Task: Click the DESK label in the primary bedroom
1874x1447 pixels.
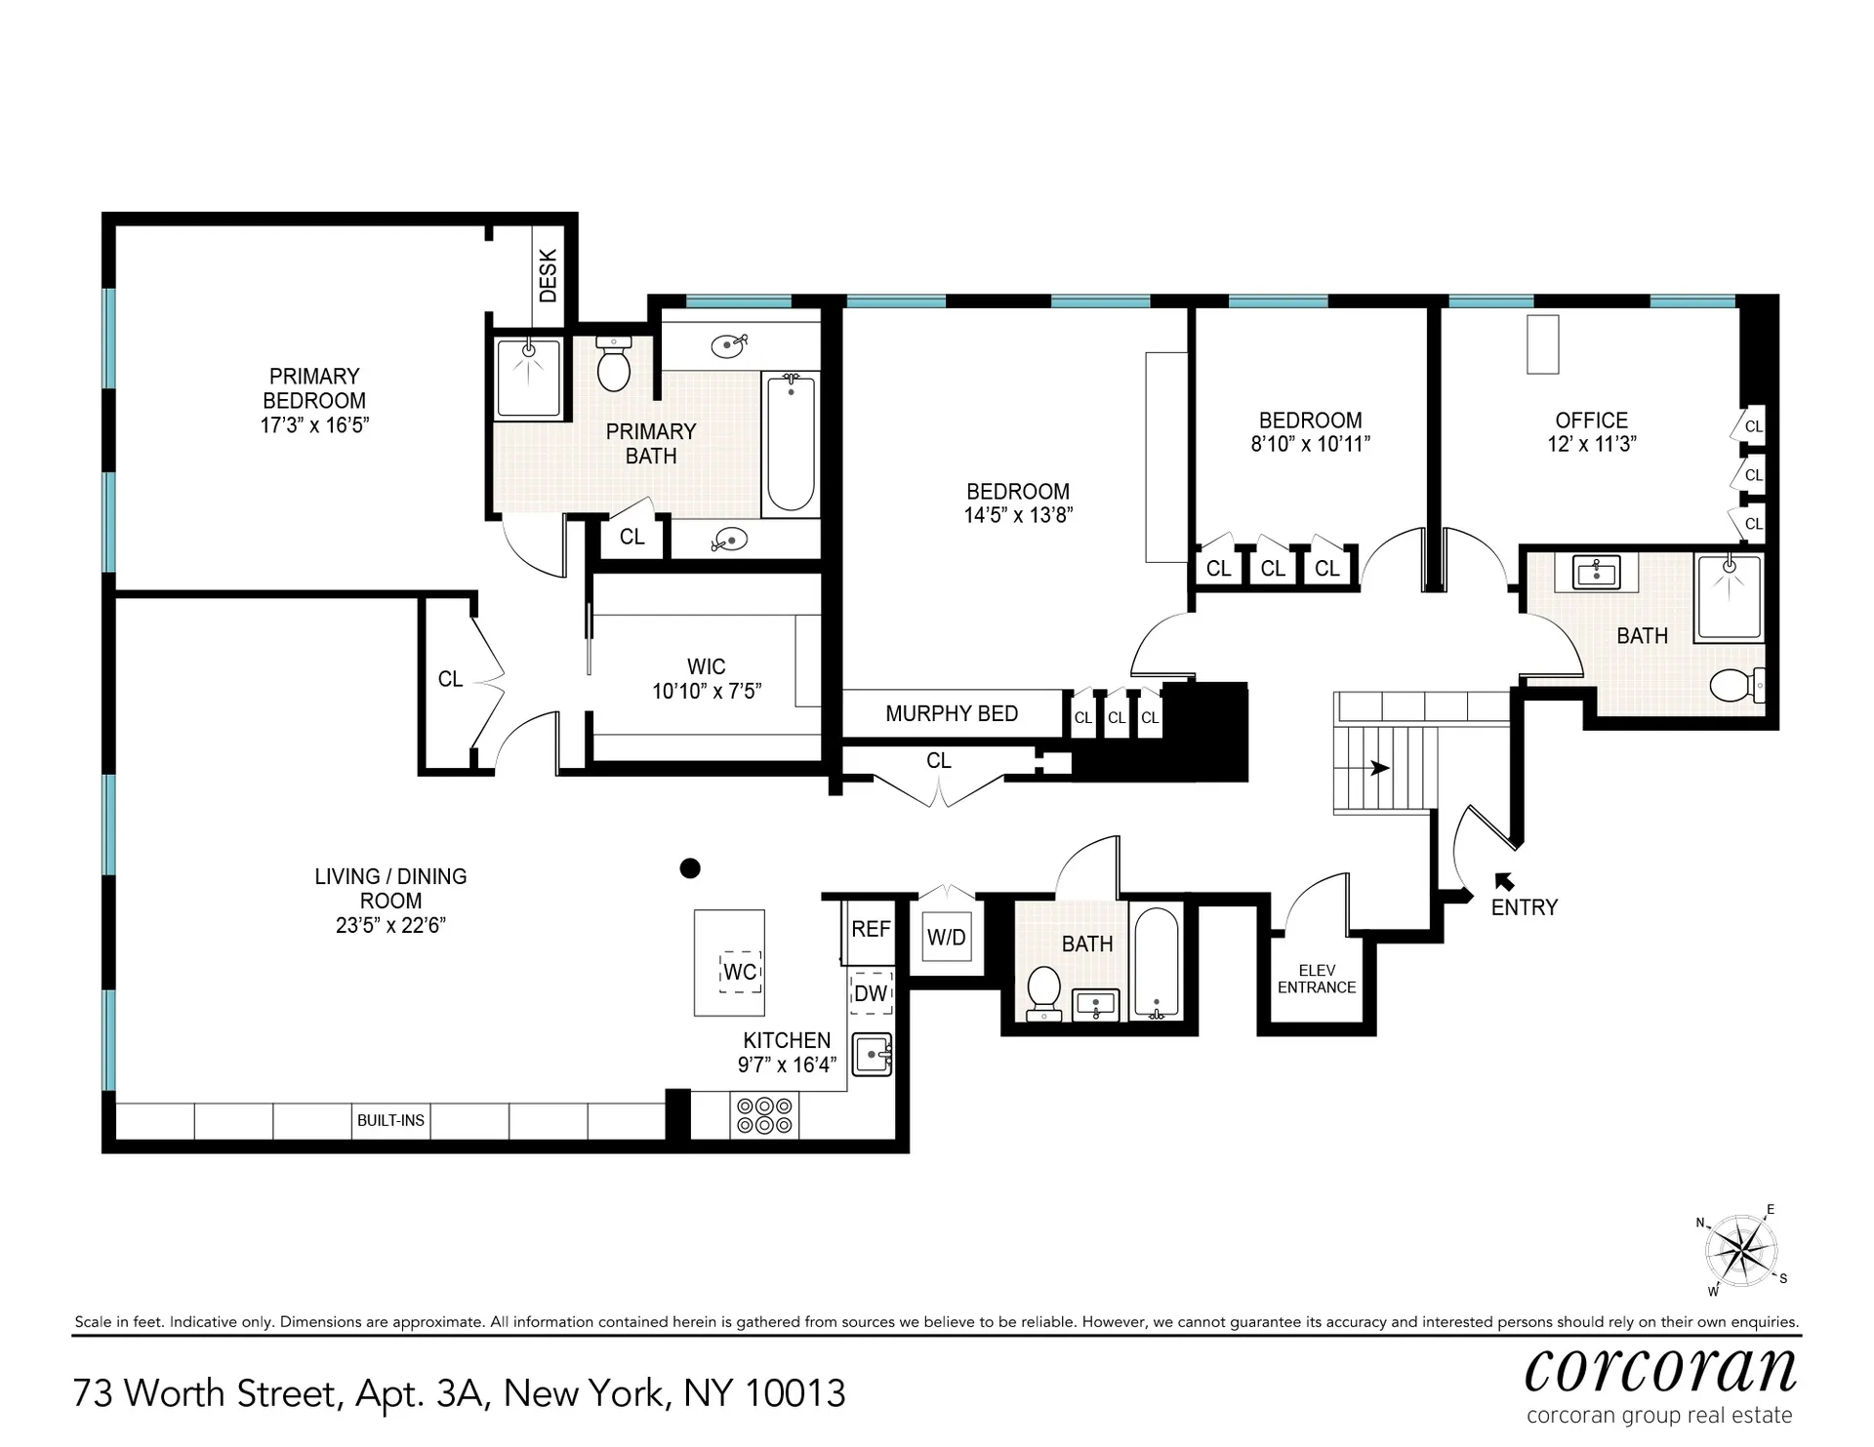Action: click(548, 275)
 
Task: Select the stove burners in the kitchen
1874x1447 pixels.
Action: click(765, 1115)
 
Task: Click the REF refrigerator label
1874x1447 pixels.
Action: click(871, 929)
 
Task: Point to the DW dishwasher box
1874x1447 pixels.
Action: click(871, 993)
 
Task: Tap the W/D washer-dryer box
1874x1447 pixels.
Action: click(946, 938)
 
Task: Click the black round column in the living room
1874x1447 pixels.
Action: click(690, 867)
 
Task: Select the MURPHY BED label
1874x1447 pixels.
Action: click(952, 713)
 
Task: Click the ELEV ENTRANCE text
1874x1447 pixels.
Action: click(1316, 979)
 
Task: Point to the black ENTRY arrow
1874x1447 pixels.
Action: click(1504, 881)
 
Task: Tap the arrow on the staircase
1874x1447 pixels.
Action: click(1379, 769)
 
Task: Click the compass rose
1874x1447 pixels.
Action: click(1740, 1251)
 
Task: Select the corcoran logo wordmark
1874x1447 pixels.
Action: click(1659, 1370)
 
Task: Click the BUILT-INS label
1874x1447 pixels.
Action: click(390, 1120)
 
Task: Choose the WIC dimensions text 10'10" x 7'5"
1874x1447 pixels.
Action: click(707, 691)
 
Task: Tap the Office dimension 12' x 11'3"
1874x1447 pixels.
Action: click(1591, 444)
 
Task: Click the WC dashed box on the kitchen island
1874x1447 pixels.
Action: click(740, 972)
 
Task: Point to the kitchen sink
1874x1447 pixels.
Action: click(872, 1055)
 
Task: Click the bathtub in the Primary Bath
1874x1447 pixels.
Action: click(790, 444)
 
